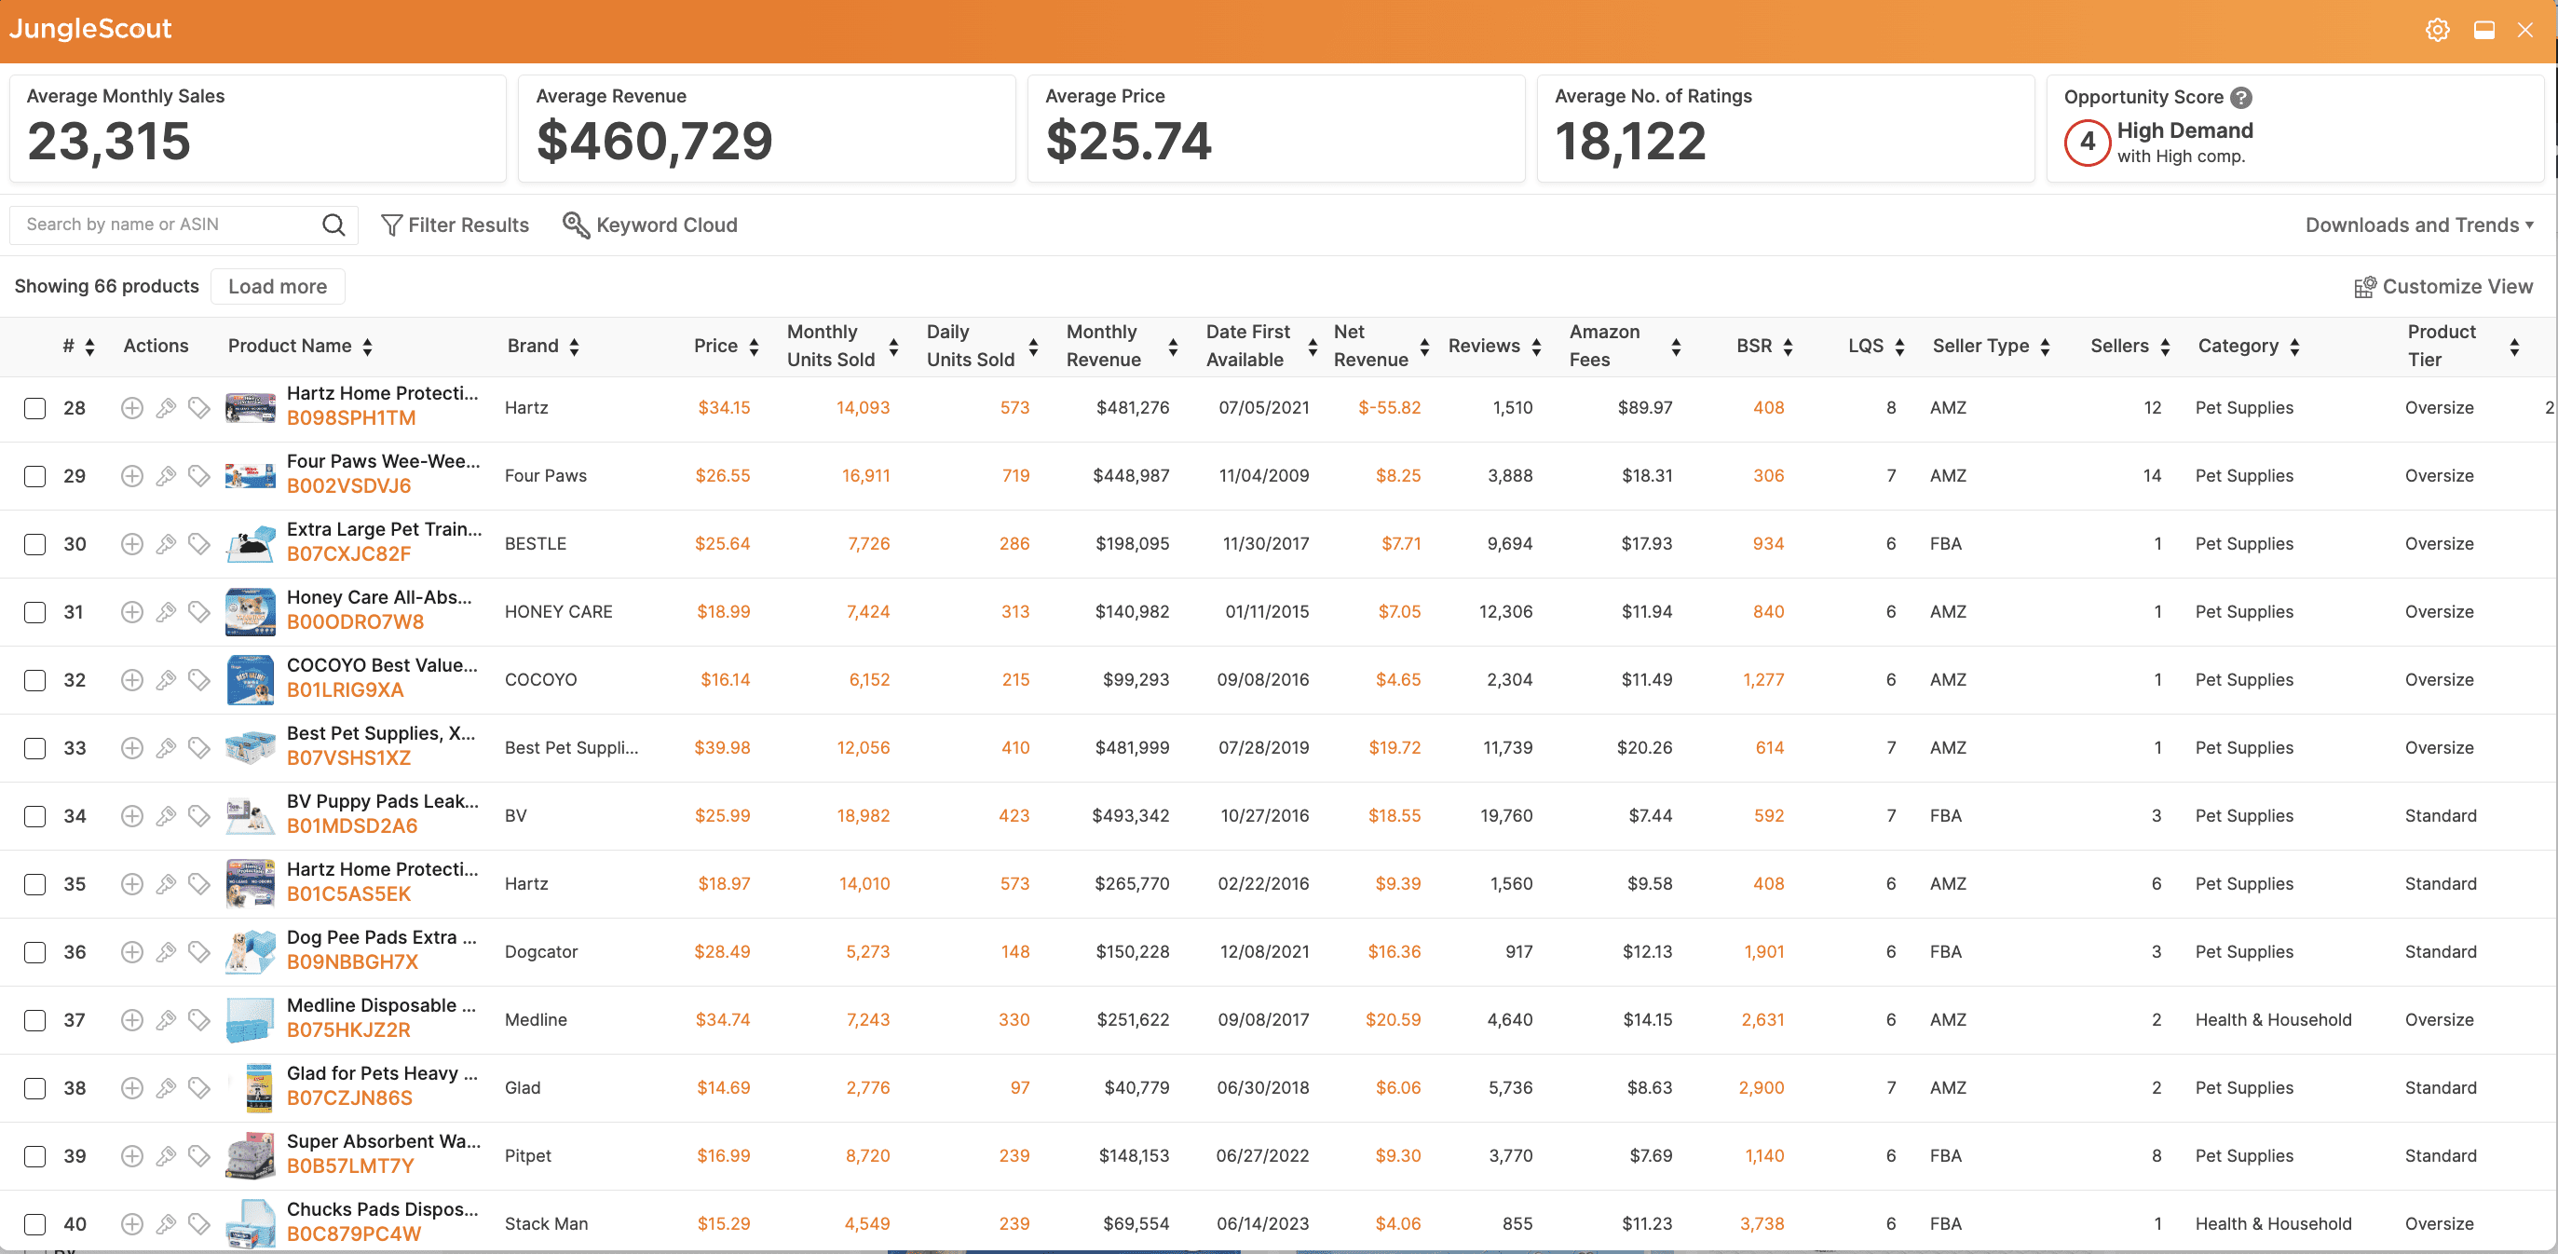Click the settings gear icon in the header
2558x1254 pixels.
coord(2437,30)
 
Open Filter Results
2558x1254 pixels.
coord(455,225)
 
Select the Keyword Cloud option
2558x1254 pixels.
coord(650,225)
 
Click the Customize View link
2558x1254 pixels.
coord(2443,287)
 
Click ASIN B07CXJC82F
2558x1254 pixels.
coord(348,554)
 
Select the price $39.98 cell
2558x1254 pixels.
coord(722,747)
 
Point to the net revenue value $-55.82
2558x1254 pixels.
coord(1389,408)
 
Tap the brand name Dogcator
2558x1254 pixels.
coord(541,952)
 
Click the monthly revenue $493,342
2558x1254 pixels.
coord(1130,816)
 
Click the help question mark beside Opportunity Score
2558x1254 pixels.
coord(2241,97)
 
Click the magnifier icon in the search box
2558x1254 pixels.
coord(333,225)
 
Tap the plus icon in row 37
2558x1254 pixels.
coord(132,1019)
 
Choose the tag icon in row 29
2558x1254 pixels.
coord(199,475)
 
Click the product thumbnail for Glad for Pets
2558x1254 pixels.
coord(252,1088)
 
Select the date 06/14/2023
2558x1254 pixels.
coord(1262,1224)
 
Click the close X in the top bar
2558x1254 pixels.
coord(2525,30)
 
